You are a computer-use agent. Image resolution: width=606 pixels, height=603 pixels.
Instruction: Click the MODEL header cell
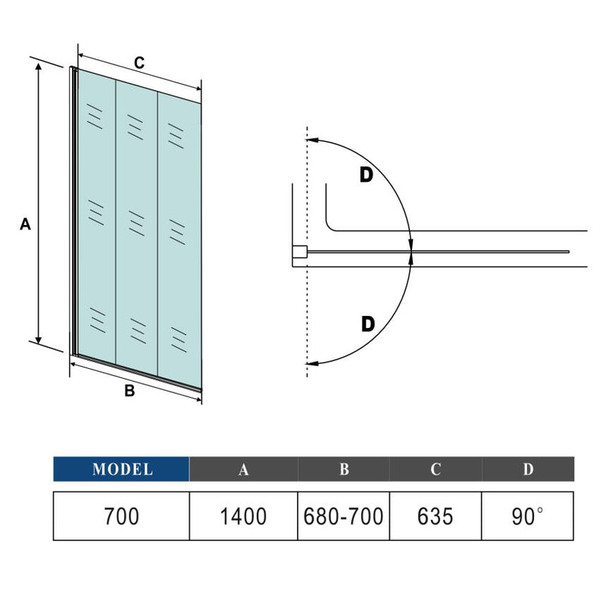(121, 469)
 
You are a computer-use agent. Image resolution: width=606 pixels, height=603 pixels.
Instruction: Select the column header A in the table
(243, 469)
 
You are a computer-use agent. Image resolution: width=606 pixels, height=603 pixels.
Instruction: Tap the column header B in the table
(344, 469)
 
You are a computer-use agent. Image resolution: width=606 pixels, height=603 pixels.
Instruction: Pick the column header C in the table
(436, 469)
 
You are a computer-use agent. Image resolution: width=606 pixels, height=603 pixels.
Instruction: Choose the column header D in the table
(528, 469)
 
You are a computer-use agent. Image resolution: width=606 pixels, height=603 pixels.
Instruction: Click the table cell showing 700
(121, 516)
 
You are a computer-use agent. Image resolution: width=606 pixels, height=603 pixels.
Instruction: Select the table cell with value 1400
(243, 516)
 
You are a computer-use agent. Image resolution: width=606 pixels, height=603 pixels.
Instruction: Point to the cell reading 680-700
(344, 516)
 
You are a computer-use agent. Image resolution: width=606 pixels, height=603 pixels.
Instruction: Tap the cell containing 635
(436, 516)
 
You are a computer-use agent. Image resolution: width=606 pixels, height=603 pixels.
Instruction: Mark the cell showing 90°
(528, 516)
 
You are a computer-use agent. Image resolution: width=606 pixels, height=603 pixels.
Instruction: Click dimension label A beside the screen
(24, 224)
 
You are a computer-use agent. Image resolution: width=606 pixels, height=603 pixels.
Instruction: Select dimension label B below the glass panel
(130, 391)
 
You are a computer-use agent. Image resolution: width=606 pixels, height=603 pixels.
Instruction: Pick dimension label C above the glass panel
(139, 64)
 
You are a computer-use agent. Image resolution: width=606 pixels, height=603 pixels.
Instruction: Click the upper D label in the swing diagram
(366, 175)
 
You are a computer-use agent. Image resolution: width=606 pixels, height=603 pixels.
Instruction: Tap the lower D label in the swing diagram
(367, 324)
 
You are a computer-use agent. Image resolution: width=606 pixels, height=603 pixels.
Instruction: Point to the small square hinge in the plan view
(300, 252)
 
